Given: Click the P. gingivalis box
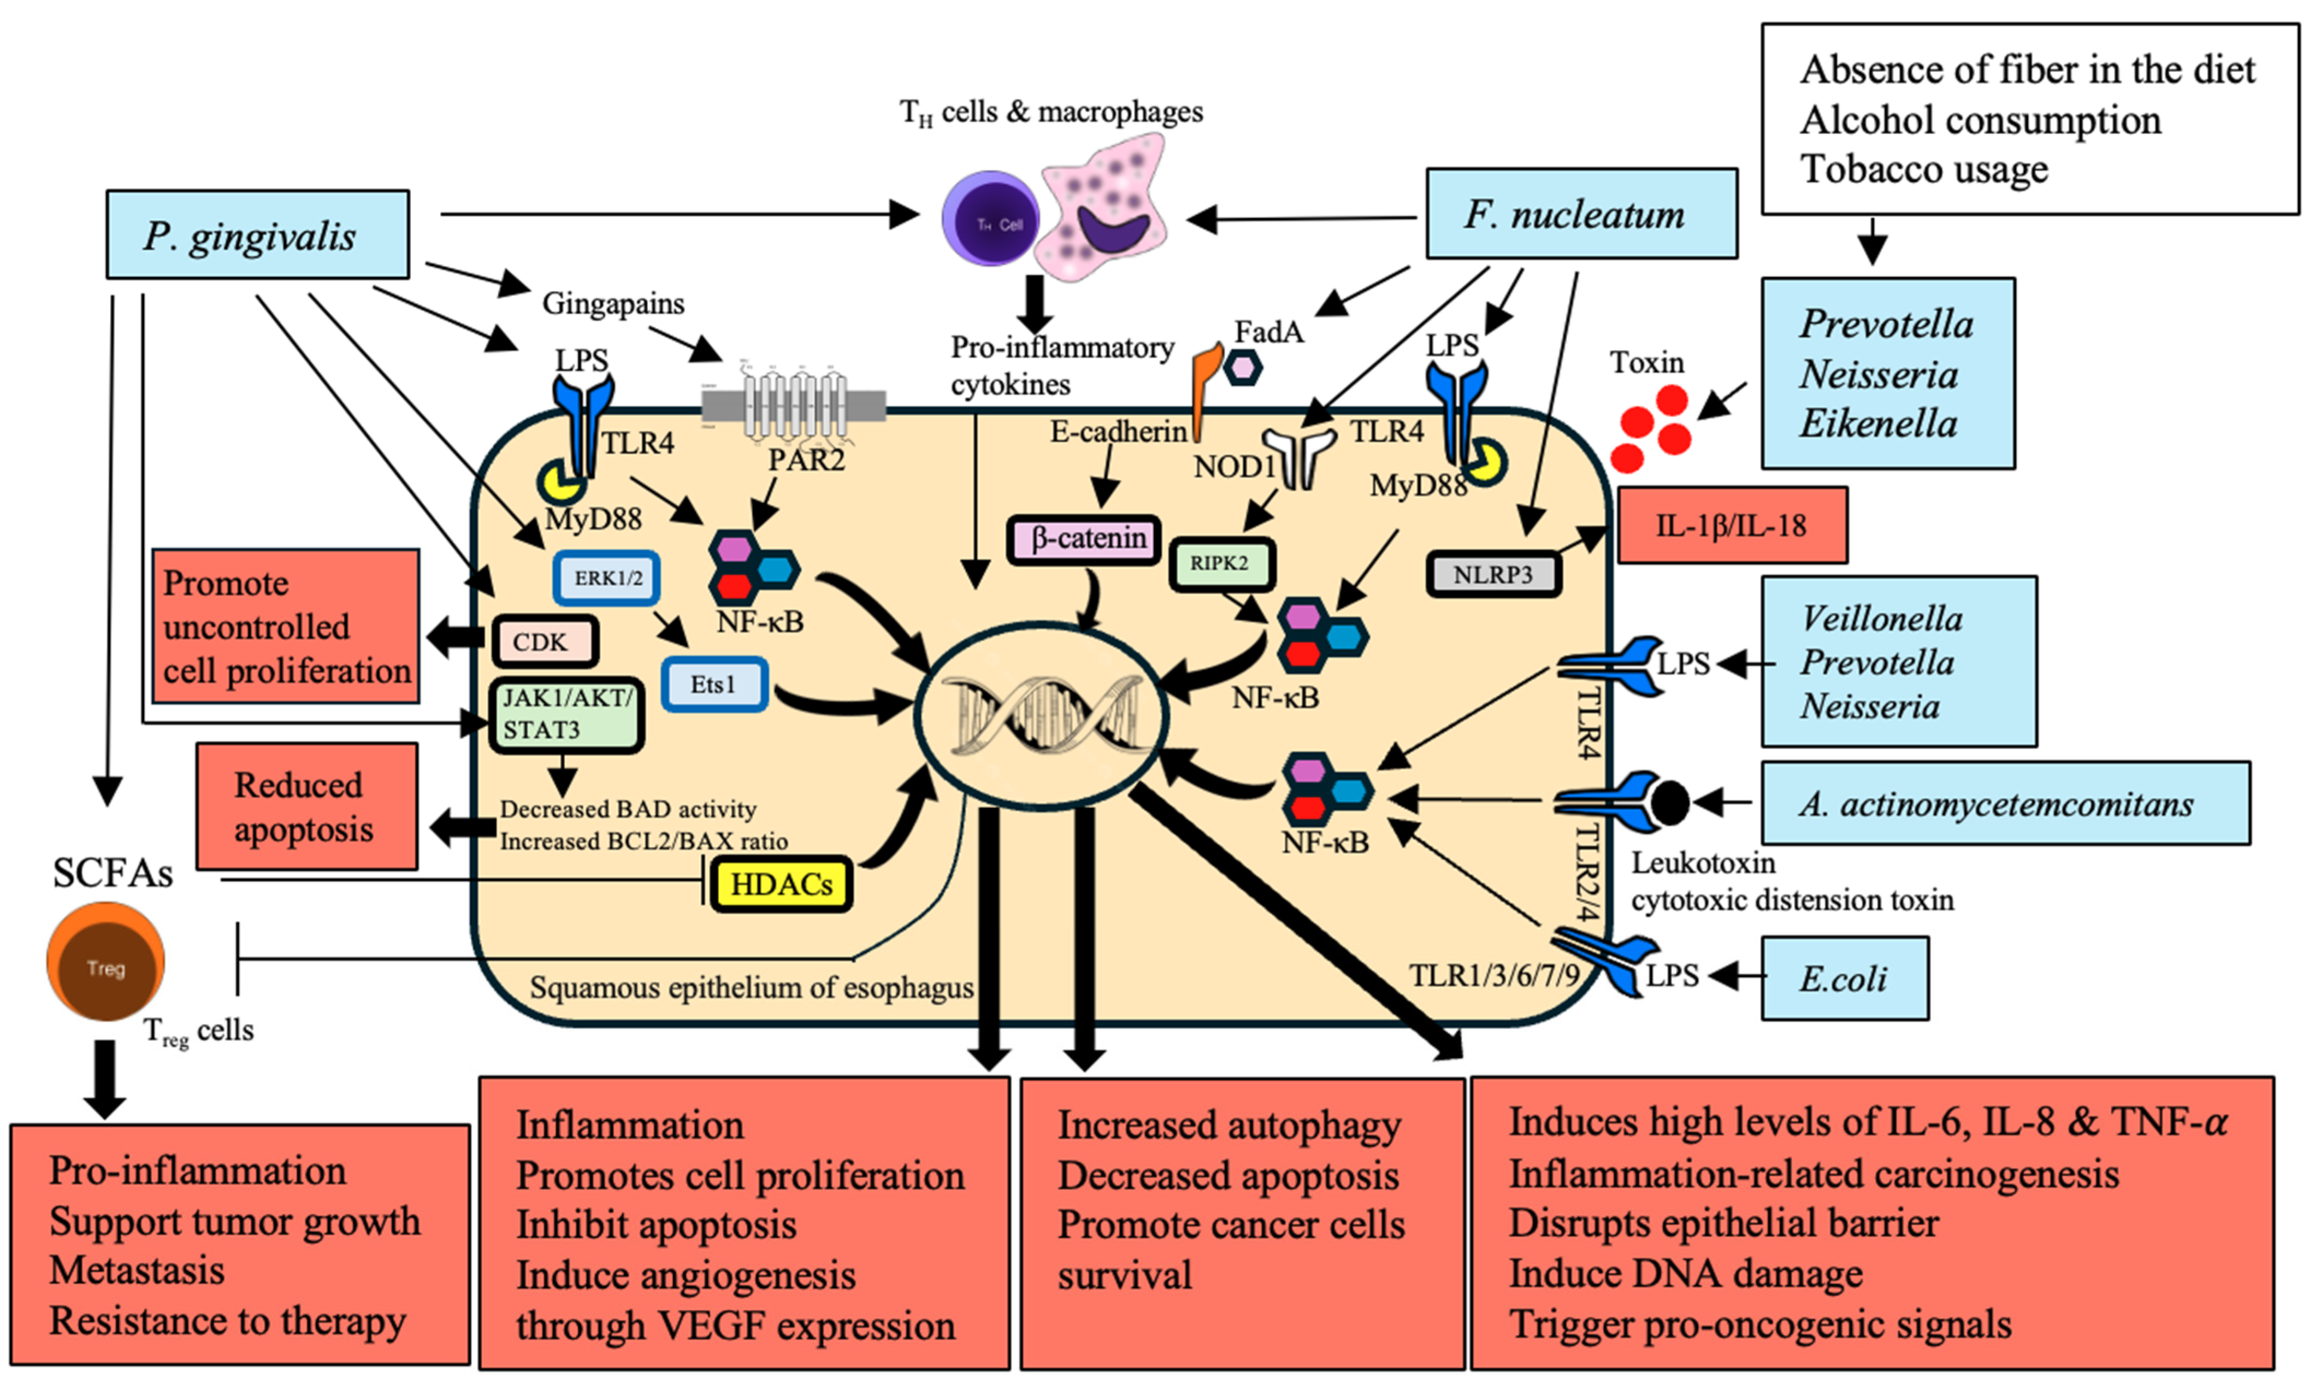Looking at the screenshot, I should tap(257, 234).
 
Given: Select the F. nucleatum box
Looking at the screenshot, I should tap(1581, 214).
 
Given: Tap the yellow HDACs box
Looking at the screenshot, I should tap(781, 884).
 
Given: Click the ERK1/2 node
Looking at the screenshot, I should tap(607, 578).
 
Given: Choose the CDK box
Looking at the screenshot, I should tap(543, 641).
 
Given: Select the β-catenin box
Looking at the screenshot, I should tap(1084, 539).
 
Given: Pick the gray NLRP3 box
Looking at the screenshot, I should tap(1493, 574).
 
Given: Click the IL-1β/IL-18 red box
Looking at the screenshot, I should tap(1732, 526).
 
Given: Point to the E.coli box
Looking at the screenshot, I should tap(1844, 978).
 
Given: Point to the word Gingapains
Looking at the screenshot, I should tap(613, 303).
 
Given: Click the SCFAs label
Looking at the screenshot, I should tap(113, 873).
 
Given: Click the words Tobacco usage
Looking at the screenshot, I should tap(1923, 169).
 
